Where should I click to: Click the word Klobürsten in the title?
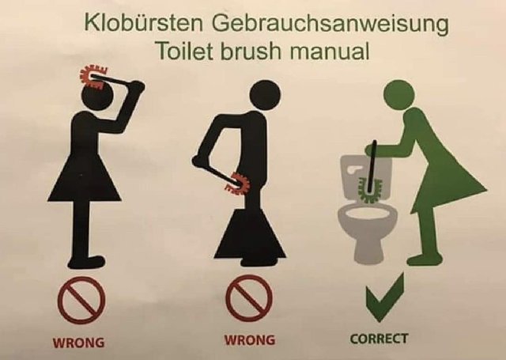click(x=144, y=23)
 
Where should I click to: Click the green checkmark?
click(x=386, y=297)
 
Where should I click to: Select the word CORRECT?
click(x=379, y=339)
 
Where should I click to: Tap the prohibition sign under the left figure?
click(x=81, y=301)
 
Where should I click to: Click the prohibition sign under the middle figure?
click(x=248, y=298)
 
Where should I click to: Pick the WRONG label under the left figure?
click(x=78, y=343)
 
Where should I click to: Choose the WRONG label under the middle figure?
click(x=250, y=340)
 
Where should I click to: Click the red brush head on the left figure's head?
click(x=92, y=78)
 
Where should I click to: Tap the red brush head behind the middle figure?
click(x=238, y=184)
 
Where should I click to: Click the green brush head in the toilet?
click(x=369, y=191)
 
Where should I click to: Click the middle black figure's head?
click(x=266, y=96)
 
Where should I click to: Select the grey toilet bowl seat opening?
click(x=367, y=212)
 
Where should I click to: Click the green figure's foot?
click(x=425, y=259)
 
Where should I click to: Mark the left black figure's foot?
click(x=85, y=262)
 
